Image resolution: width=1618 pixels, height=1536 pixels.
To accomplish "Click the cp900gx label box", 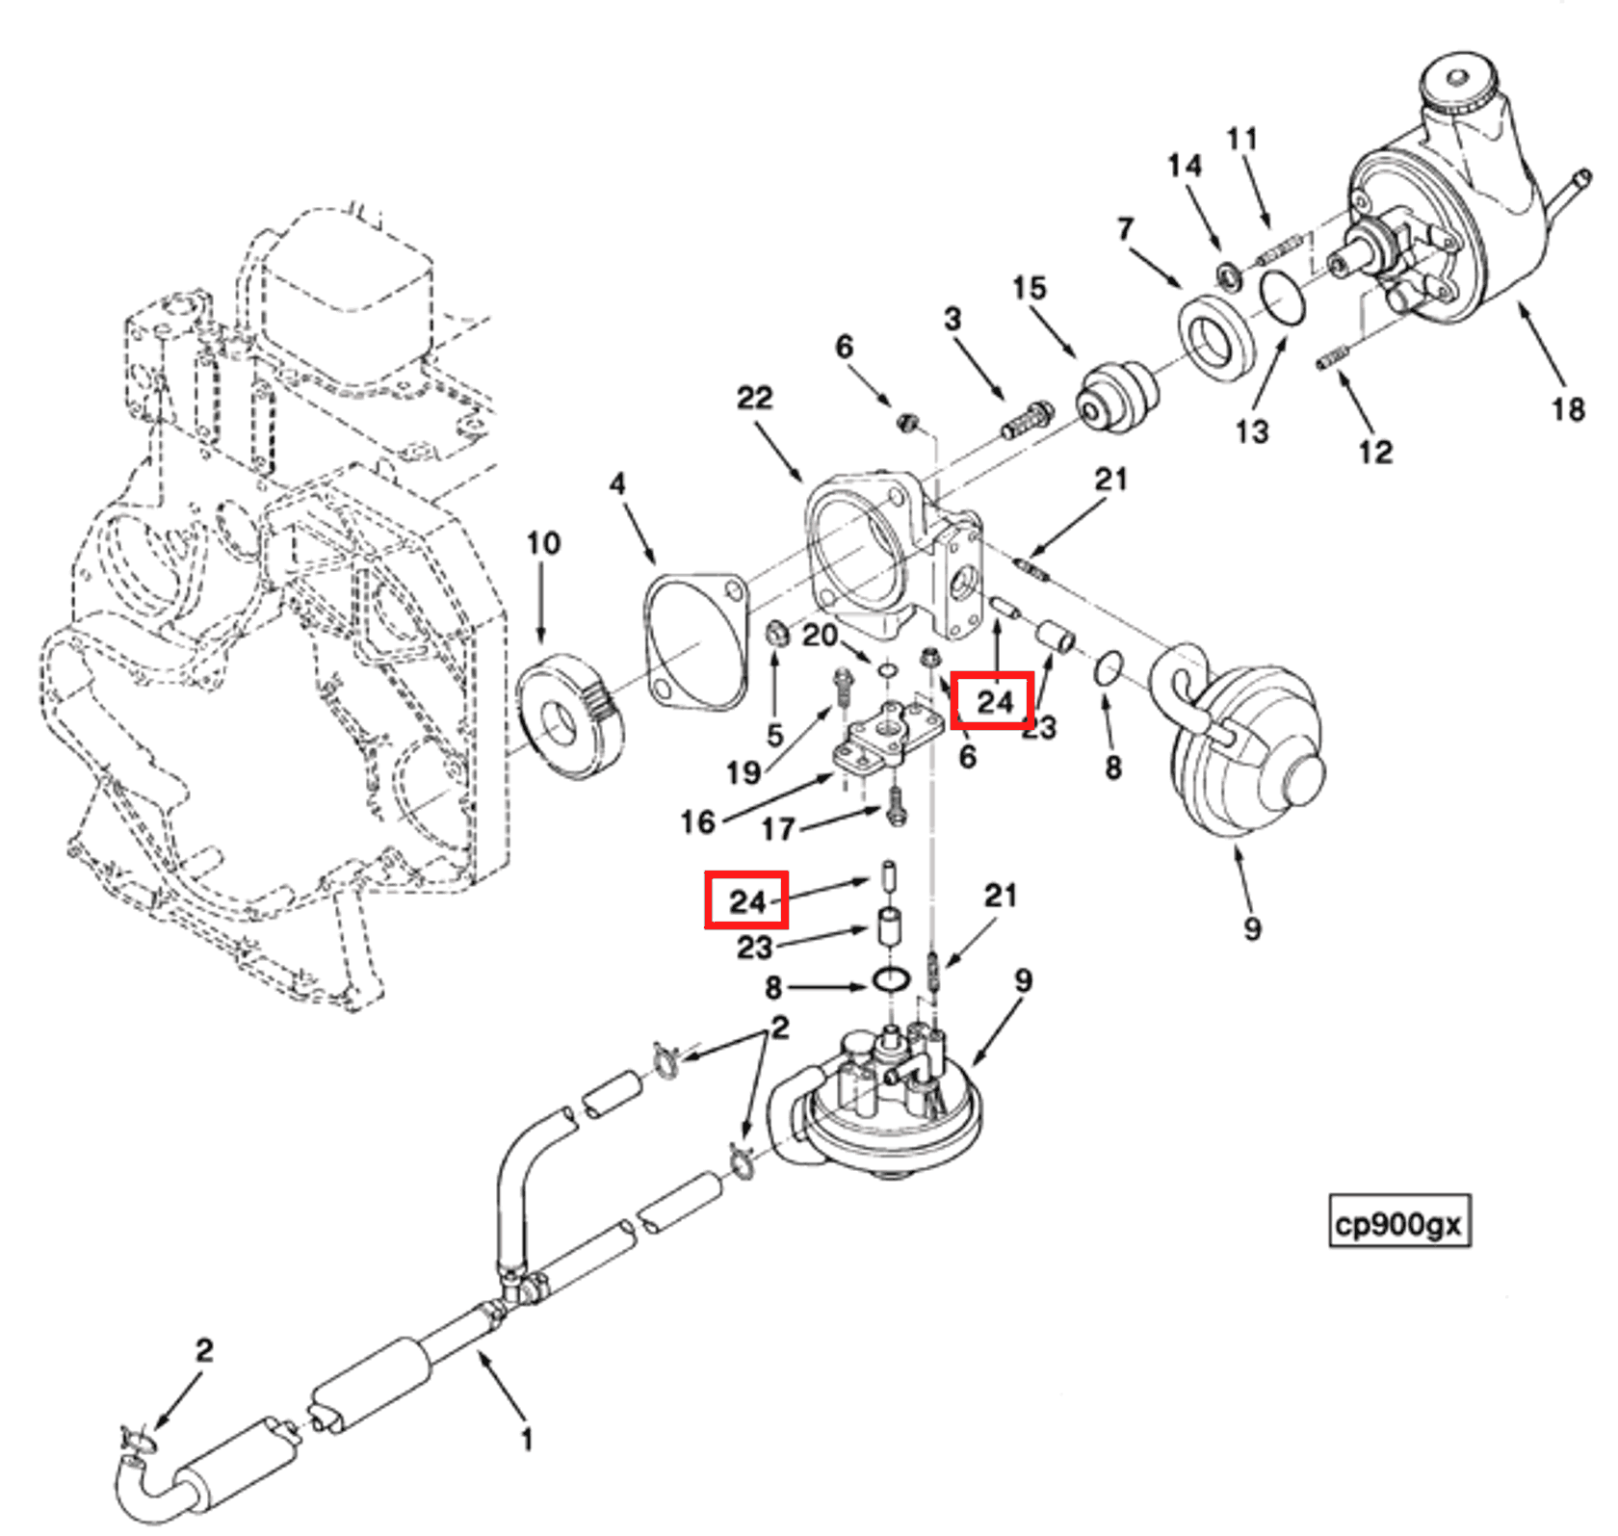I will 1398,1224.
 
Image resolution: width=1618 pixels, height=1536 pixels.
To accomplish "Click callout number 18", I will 1567,409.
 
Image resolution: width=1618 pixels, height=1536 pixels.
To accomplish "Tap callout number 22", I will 754,397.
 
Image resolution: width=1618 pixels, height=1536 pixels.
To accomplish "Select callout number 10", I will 542,543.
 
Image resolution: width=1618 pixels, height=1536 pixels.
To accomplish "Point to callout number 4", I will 617,483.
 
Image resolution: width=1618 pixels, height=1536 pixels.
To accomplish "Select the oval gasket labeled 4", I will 696,641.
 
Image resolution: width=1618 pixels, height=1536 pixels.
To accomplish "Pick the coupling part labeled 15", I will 1117,397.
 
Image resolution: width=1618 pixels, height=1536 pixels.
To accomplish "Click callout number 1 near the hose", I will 526,1440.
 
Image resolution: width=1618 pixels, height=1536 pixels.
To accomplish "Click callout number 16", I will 697,821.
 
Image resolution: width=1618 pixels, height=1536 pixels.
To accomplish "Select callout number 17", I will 778,828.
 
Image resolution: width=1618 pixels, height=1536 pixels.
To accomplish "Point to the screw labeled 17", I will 896,805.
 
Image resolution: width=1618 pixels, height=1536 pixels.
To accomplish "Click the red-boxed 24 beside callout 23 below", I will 746,900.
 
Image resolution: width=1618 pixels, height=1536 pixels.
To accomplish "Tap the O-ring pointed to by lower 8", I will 891,981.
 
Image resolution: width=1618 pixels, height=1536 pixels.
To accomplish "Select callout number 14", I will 1184,166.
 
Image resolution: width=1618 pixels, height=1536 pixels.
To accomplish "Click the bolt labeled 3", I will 1027,419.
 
